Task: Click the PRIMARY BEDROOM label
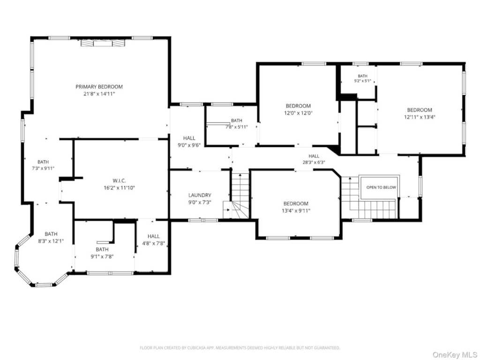(x=99, y=87)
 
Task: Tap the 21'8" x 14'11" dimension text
(x=99, y=94)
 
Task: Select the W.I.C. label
(x=119, y=180)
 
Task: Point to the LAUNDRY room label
(x=200, y=195)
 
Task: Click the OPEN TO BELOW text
(x=381, y=187)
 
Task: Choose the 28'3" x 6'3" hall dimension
(x=314, y=162)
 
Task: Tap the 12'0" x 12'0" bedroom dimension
(x=298, y=112)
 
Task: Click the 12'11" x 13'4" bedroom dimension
(x=420, y=117)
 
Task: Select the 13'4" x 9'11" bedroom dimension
(x=296, y=210)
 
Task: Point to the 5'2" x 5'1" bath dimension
(x=362, y=81)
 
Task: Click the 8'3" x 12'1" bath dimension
(x=51, y=241)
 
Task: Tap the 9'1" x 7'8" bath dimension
(x=102, y=256)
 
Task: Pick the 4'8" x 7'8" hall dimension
(x=153, y=243)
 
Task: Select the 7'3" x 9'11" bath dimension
(x=43, y=168)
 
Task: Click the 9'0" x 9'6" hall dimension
(x=189, y=145)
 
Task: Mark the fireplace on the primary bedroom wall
(x=103, y=43)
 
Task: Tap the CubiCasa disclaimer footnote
(x=240, y=348)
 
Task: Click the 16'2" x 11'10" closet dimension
(x=119, y=187)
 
